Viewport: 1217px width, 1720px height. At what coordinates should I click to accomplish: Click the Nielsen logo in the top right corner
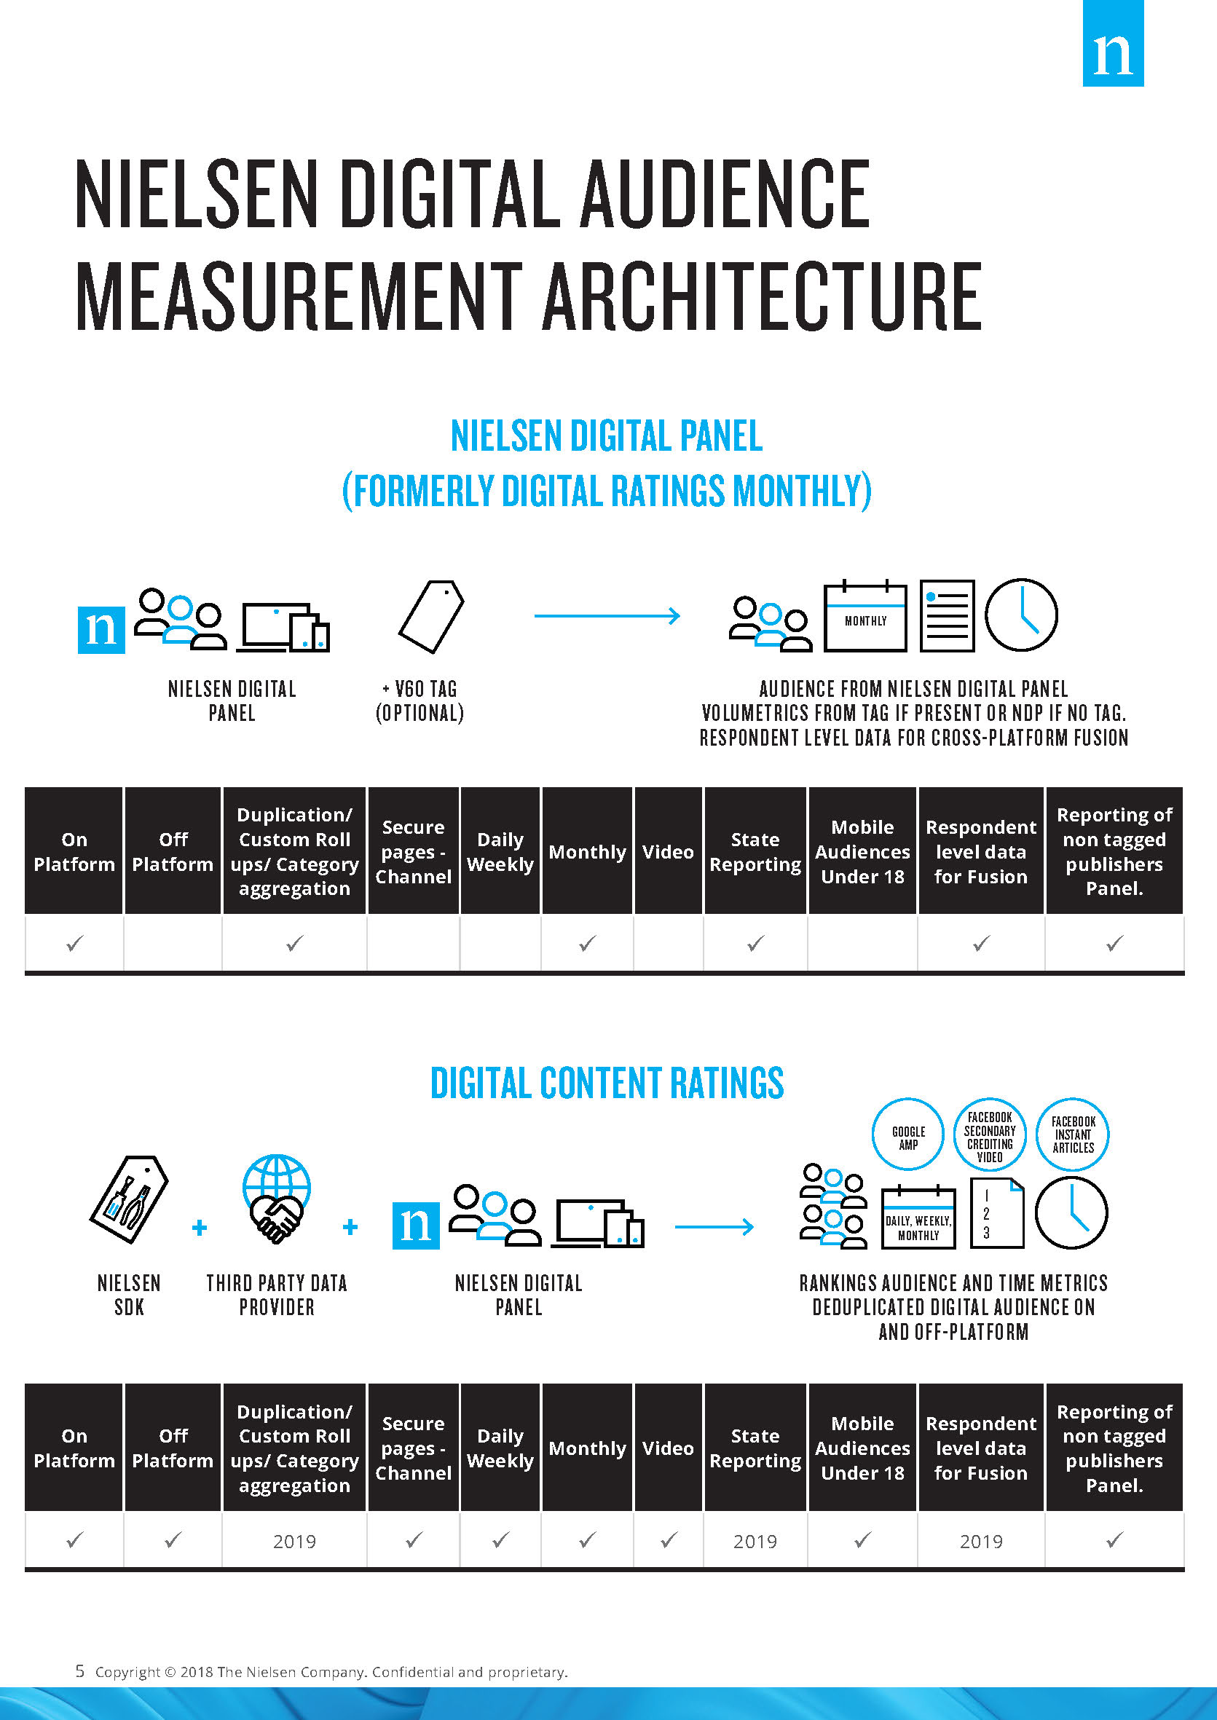point(1112,44)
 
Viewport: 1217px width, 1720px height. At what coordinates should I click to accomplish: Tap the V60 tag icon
point(431,616)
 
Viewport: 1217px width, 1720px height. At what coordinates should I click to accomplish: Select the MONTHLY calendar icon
point(864,615)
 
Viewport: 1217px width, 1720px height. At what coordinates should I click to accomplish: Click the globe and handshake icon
point(277,1198)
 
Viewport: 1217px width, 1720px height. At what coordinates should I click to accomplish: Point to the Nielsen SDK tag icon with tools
point(129,1199)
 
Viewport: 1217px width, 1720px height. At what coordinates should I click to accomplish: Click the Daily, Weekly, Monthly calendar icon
point(918,1218)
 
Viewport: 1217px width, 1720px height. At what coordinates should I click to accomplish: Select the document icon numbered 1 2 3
point(996,1212)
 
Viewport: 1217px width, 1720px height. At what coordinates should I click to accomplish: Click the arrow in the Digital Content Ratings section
point(714,1227)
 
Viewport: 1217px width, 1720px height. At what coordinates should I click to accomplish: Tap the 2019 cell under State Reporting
point(755,1541)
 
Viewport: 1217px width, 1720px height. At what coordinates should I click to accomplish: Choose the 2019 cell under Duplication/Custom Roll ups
point(294,1541)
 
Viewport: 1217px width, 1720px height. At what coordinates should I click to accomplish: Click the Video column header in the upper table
point(667,852)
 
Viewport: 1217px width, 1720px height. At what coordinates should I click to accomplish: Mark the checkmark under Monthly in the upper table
point(587,943)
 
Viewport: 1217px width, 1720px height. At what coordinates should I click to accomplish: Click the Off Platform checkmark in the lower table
point(173,1540)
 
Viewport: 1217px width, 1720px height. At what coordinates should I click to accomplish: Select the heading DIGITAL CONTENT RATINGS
point(606,1084)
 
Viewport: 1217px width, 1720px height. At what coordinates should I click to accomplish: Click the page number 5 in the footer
point(79,1671)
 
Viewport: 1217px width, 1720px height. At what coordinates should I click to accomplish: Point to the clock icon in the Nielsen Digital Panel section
point(1020,615)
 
